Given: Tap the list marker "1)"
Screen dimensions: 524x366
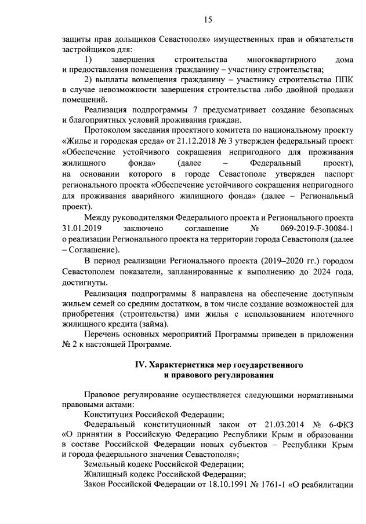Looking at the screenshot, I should [88, 60].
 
